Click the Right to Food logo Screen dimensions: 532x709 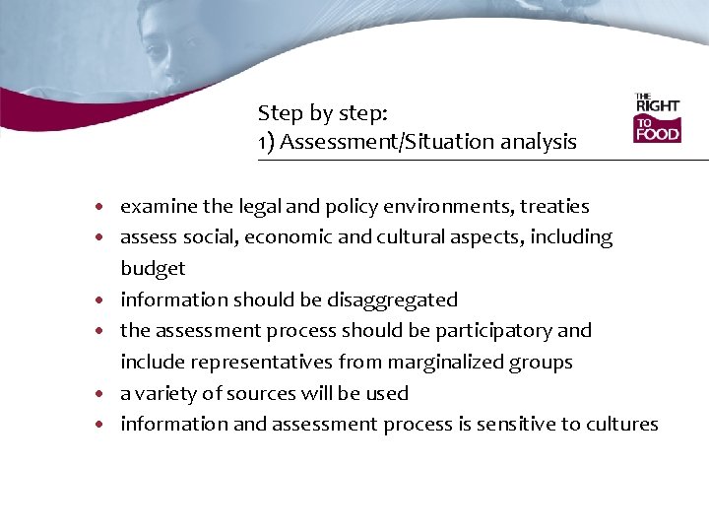click(x=657, y=118)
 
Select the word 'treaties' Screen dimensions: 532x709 click(x=554, y=207)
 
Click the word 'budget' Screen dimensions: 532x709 click(x=153, y=269)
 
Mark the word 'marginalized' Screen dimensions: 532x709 click(x=454, y=363)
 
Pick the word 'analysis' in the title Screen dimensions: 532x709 click(x=536, y=142)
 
